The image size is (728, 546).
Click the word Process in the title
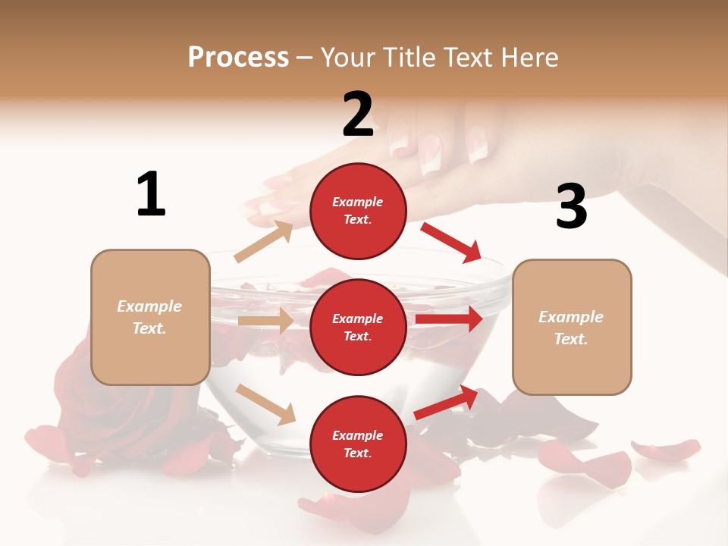pos(238,58)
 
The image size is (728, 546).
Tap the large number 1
pos(151,195)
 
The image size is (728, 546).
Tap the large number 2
pos(358,115)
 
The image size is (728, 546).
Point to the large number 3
pos(571,207)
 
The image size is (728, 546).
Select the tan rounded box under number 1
pos(150,317)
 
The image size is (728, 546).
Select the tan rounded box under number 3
pos(572,327)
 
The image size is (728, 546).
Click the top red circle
pos(358,211)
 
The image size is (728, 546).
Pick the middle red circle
pos(358,327)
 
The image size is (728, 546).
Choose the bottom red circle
pos(358,444)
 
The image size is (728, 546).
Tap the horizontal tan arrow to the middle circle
pos(265,321)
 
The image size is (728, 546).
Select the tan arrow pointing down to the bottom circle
pos(266,404)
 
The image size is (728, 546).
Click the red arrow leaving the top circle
pos(451,242)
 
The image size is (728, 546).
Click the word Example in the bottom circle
pos(358,435)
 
